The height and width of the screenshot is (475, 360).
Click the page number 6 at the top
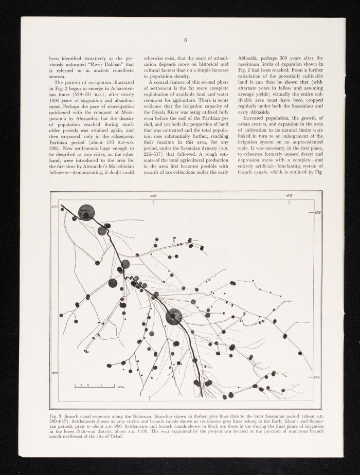(x=185, y=41)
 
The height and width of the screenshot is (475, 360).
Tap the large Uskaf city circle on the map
(x=173, y=317)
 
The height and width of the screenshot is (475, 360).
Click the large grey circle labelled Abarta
(x=86, y=212)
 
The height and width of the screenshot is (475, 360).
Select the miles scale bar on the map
(x=94, y=385)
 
